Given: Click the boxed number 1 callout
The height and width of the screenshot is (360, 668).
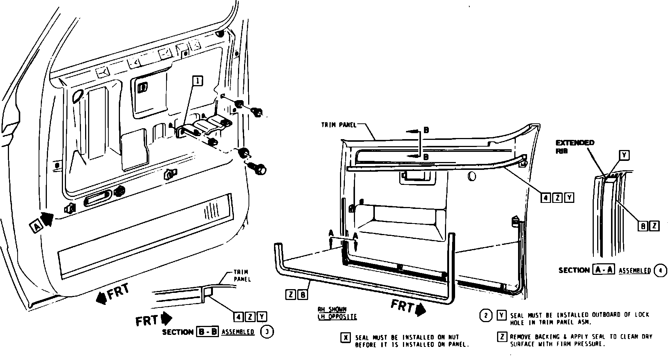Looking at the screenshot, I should (x=198, y=81).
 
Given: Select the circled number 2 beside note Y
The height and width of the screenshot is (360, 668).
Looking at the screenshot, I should (x=486, y=316).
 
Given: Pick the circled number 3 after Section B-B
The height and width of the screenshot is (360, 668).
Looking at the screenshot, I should (x=267, y=332).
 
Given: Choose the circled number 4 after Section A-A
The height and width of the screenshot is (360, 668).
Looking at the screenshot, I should (x=661, y=270).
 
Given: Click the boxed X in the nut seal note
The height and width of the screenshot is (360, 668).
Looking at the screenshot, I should (x=346, y=337).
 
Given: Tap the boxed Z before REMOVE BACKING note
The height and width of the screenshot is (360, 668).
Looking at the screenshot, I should (x=502, y=337).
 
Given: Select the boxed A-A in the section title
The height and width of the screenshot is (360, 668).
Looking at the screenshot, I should (x=604, y=270).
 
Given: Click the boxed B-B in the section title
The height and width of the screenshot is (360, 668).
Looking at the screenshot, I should (x=207, y=332).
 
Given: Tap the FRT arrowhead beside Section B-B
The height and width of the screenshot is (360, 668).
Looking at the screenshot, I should (x=166, y=319).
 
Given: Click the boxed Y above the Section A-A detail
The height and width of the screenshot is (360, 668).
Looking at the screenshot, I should (x=624, y=155).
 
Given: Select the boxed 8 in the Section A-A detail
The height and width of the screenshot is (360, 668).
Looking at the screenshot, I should (x=643, y=226).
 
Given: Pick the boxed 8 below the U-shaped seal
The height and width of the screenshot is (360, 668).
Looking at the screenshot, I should (x=303, y=295).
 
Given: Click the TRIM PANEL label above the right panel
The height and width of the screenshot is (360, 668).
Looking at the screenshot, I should (x=338, y=125).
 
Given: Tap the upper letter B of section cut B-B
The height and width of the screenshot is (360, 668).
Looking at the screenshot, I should (x=426, y=130).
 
